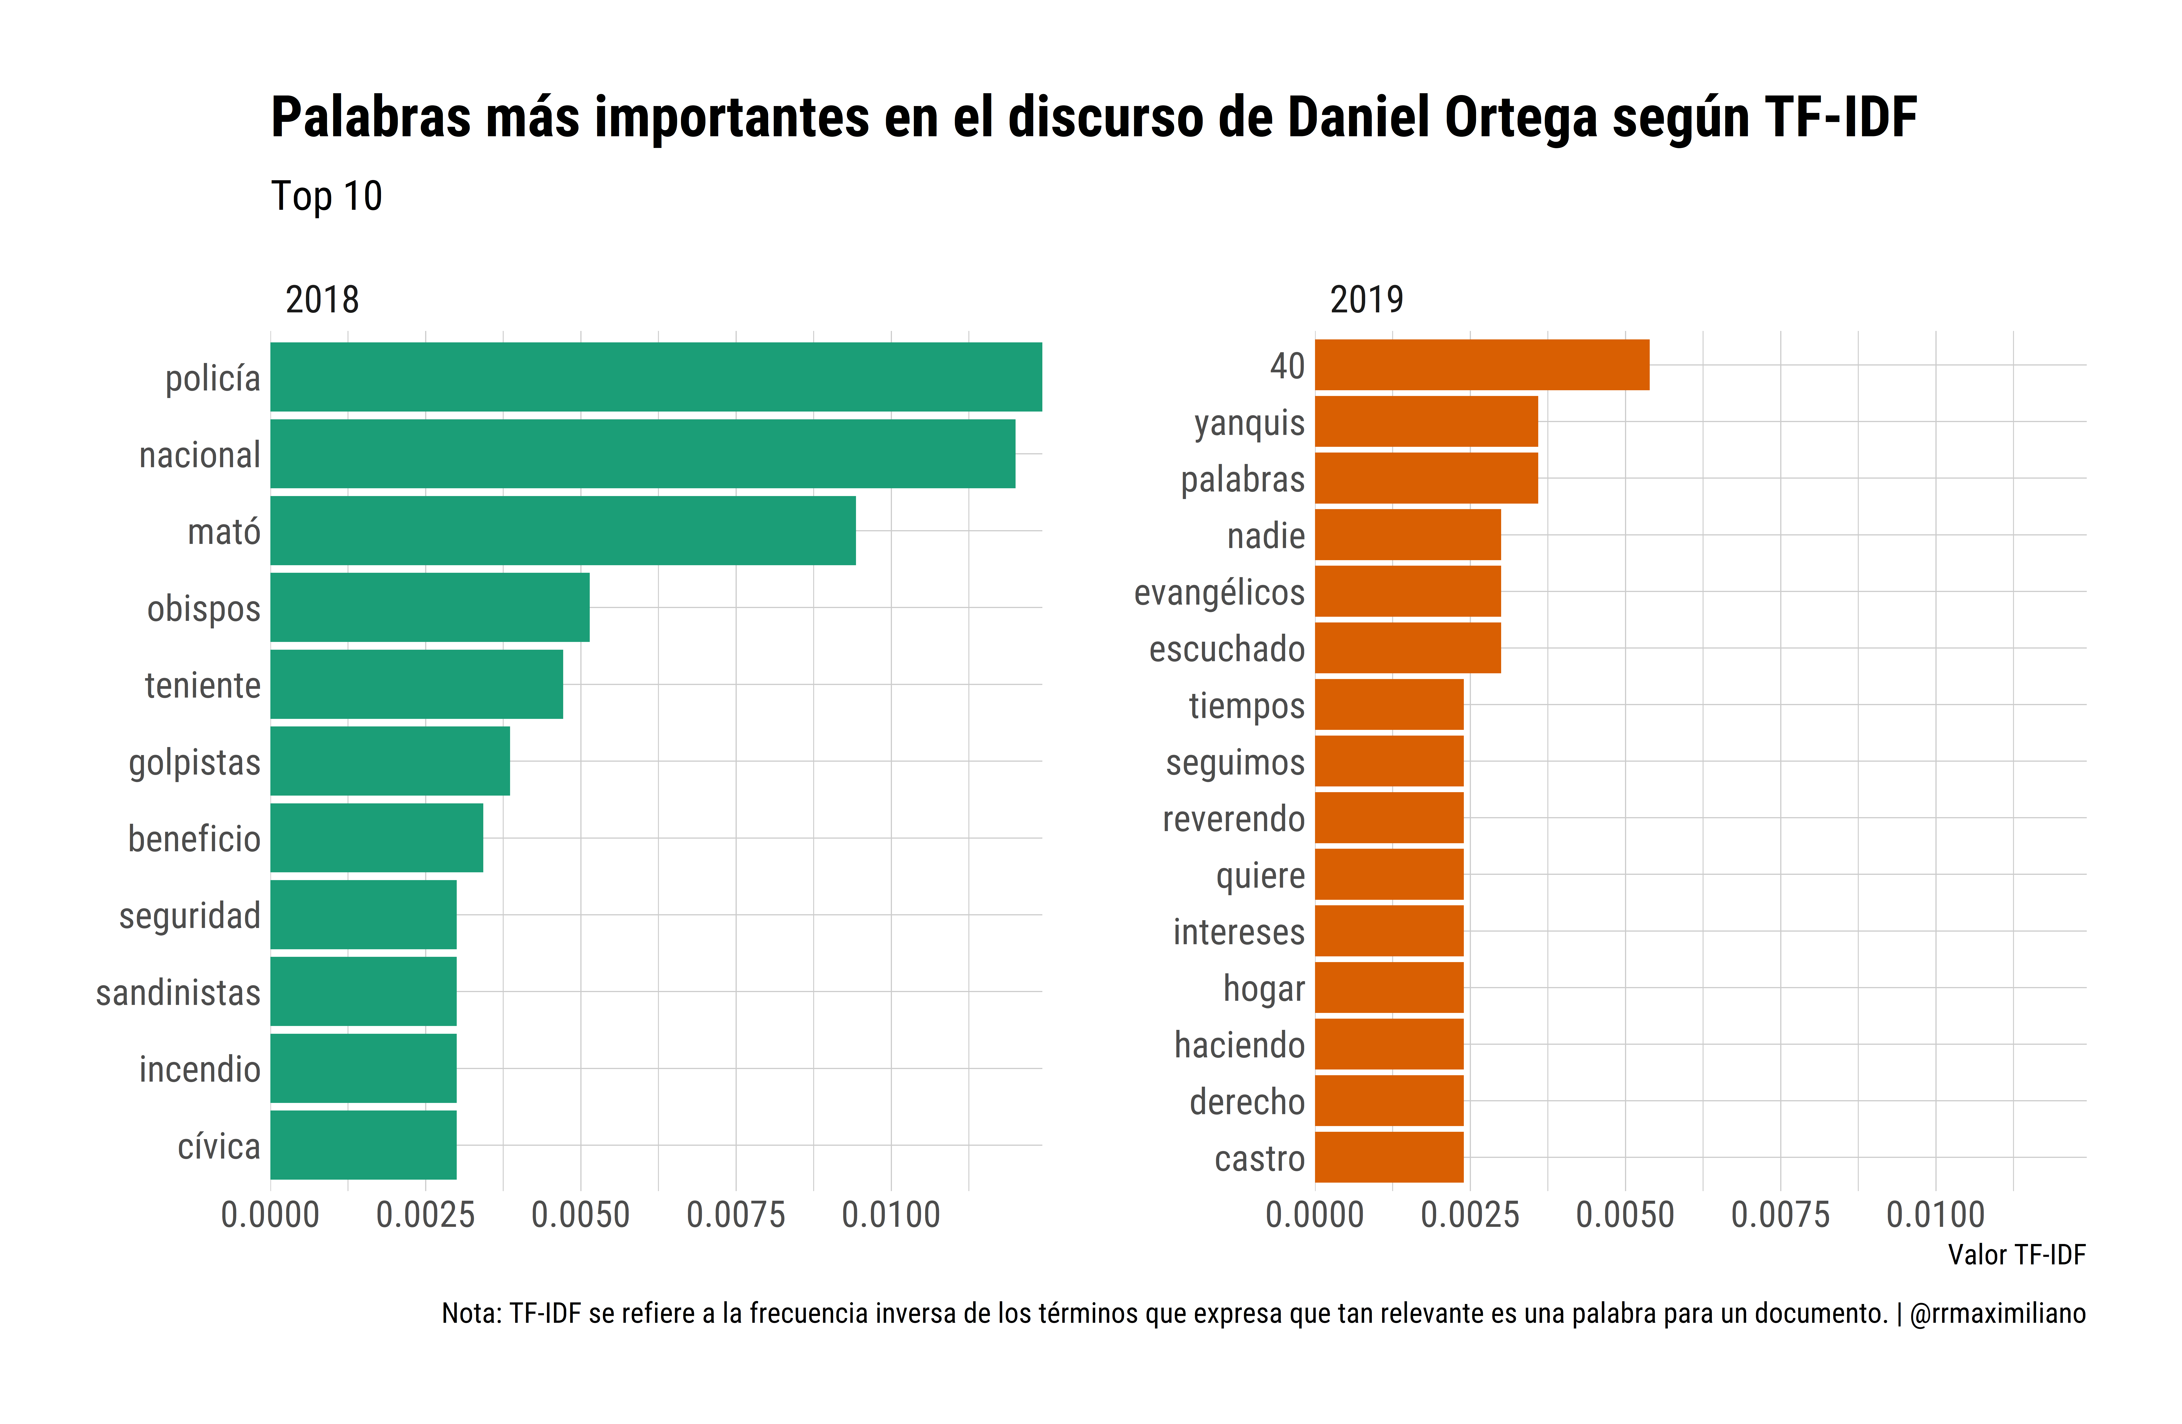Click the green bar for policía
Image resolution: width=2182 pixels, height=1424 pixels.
(655, 377)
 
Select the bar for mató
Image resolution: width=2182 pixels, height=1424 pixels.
(563, 531)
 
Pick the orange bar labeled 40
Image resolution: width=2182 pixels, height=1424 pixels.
(1481, 365)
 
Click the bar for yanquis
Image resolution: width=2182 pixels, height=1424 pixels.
(1426, 422)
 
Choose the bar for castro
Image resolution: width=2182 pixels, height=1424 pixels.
(1389, 1157)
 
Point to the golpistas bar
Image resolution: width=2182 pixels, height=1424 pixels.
(390, 761)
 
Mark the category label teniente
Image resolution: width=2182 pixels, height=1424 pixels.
(203, 685)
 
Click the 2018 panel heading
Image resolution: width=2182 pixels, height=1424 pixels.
(322, 300)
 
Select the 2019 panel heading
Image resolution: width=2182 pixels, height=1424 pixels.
(1366, 300)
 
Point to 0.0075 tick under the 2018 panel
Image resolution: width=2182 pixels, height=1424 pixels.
(735, 1215)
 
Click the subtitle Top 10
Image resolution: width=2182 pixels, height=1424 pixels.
(326, 196)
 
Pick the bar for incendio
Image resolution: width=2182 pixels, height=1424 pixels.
(363, 1068)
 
